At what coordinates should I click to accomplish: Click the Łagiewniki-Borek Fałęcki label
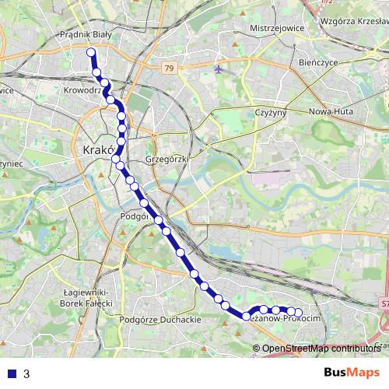point(87,297)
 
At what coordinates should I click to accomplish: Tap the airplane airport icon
point(219,68)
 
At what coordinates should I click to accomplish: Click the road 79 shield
point(169,68)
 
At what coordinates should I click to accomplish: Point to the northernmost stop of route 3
point(91,53)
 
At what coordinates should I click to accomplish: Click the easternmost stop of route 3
point(297,314)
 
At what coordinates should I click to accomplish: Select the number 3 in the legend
point(26,373)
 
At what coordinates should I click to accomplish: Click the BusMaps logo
point(352,372)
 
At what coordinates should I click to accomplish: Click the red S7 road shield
point(384,303)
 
